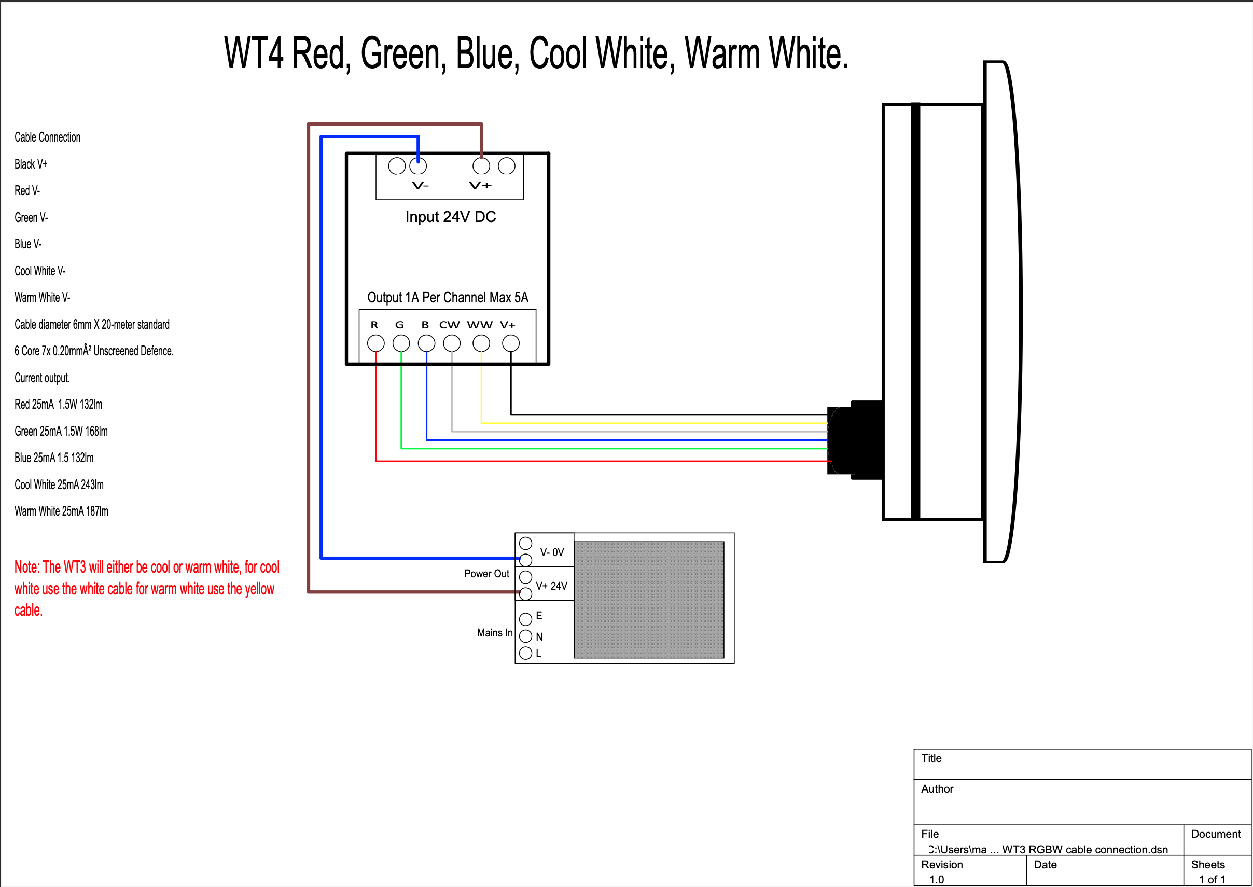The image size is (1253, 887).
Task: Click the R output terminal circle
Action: pyautogui.click(x=375, y=343)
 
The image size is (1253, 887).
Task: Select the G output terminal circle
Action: pyautogui.click(x=401, y=343)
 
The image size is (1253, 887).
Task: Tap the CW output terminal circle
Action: pyautogui.click(x=452, y=343)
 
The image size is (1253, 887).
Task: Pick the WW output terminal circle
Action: pyautogui.click(x=481, y=343)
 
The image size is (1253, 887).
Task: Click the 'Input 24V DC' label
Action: pyautogui.click(x=450, y=217)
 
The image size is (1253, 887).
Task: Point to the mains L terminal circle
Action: pyautogui.click(x=526, y=653)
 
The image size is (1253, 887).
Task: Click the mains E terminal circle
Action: pyautogui.click(x=526, y=619)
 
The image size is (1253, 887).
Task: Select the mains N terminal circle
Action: pyautogui.click(x=526, y=636)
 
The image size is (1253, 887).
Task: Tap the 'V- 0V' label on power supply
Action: pyautogui.click(x=552, y=552)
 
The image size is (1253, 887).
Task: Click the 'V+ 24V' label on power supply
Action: pyautogui.click(x=551, y=586)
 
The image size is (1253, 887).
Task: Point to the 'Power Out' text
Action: pyautogui.click(x=486, y=574)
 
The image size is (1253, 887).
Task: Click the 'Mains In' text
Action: pyautogui.click(x=495, y=632)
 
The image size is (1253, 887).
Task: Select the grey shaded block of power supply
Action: pyautogui.click(x=649, y=600)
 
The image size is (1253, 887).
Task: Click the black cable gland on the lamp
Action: pyautogui.click(x=855, y=440)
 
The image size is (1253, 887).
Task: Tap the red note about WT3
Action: pyautogui.click(x=146, y=588)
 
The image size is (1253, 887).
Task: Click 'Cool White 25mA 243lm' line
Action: pyautogui.click(x=59, y=484)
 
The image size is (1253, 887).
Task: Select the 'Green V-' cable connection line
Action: pyautogui.click(x=31, y=217)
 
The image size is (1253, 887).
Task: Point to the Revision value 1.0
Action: pyautogui.click(x=936, y=879)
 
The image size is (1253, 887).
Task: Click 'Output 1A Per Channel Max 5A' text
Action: pyautogui.click(x=448, y=297)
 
